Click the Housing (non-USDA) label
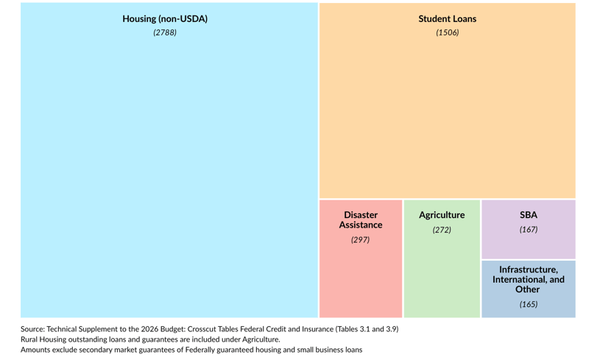pos(165,19)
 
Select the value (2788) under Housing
pos(165,33)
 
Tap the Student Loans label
pos(447,19)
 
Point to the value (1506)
pos(447,33)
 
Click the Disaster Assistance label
pos(360,220)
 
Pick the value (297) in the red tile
pos(360,240)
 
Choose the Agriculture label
pos(442,215)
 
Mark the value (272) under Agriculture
pos(442,230)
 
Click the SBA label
pos(528,215)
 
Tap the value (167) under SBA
pos(528,230)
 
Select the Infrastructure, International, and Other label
pos(528,280)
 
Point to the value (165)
pos(528,305)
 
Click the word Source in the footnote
pos(32,329)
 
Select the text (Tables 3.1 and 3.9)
pos(367,329)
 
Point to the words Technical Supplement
pos(82,329)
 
